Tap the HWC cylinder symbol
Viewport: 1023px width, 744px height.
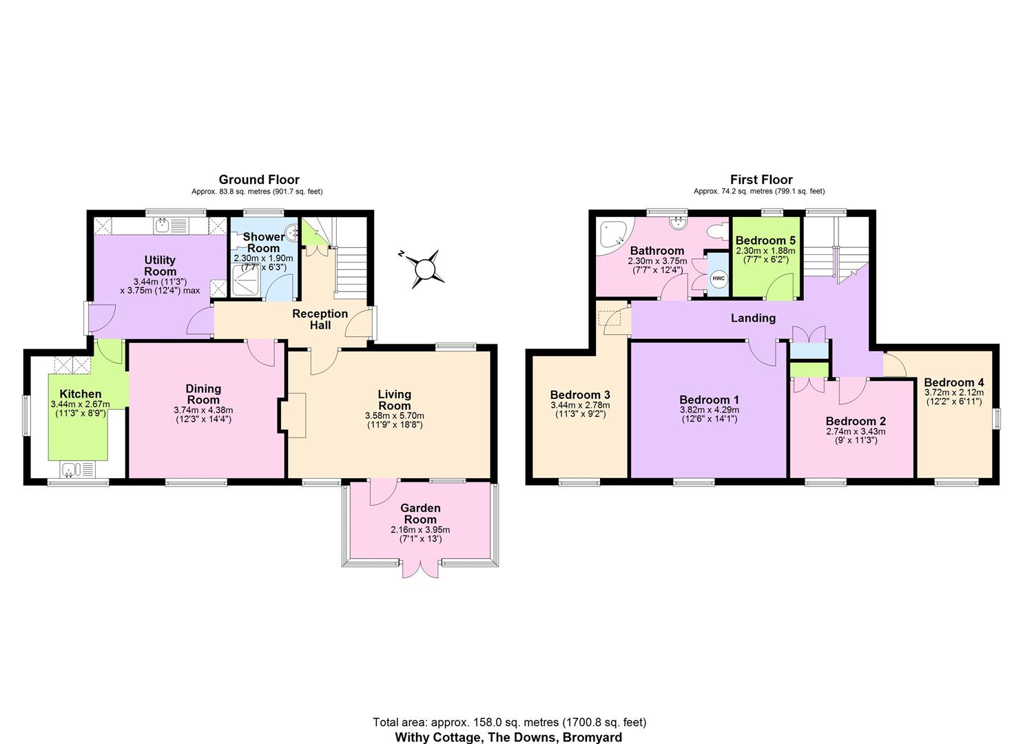point(719,278)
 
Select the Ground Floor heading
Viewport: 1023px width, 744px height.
point(259,180)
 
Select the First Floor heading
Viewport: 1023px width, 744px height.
point(761,180)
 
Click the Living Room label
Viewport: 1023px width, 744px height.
point(394,400)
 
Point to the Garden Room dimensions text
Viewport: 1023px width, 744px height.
point(420,534)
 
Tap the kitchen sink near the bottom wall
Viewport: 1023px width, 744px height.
point(69,470)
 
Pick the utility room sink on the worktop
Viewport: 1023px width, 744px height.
point(163,224)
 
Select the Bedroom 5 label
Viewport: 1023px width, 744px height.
point(765,240)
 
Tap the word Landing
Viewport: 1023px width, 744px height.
point(753,318)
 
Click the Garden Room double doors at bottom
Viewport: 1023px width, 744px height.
point(420,566)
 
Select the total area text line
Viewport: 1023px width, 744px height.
point(509,722)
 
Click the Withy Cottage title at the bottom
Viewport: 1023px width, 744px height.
point(509,736)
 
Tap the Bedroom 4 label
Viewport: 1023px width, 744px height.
point(954,382)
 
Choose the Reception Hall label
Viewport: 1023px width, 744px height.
point(320,319)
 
